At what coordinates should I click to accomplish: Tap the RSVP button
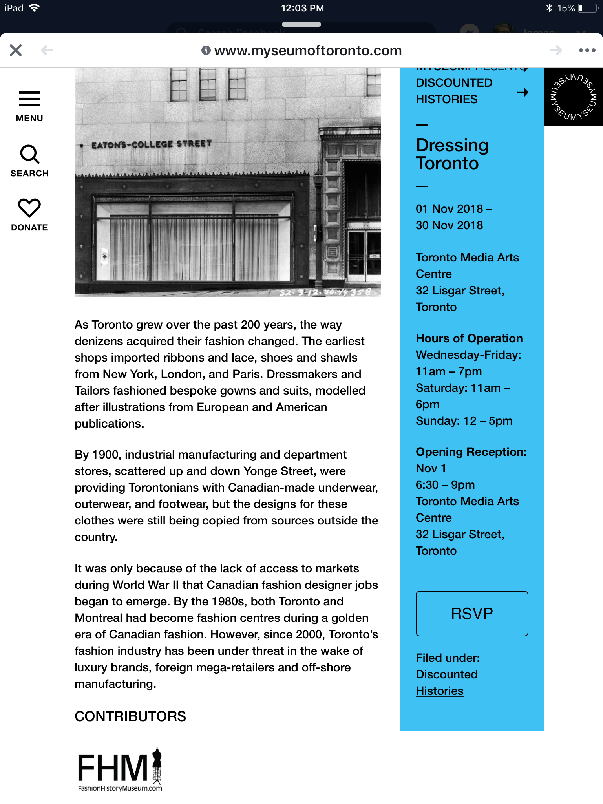471,613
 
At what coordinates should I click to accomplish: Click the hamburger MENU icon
29,99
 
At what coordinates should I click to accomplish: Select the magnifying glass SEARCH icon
29,154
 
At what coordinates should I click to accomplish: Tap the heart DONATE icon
29,208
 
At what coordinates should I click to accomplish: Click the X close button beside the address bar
16,50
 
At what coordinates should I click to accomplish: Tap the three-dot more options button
587,50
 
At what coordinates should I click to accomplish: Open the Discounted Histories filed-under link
446,682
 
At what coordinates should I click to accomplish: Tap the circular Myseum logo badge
573,97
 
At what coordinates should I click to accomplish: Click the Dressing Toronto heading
452,154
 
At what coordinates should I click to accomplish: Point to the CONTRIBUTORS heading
130,716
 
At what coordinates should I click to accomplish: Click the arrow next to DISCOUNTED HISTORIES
522,93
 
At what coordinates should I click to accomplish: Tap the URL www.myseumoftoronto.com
308,51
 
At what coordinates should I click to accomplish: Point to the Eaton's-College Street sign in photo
152,144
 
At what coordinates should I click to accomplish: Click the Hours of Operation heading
469,338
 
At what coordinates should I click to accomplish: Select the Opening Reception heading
471,452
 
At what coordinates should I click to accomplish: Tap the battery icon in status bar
587,8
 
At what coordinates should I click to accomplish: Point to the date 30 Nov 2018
449,225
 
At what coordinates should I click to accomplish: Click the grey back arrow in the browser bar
47,50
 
